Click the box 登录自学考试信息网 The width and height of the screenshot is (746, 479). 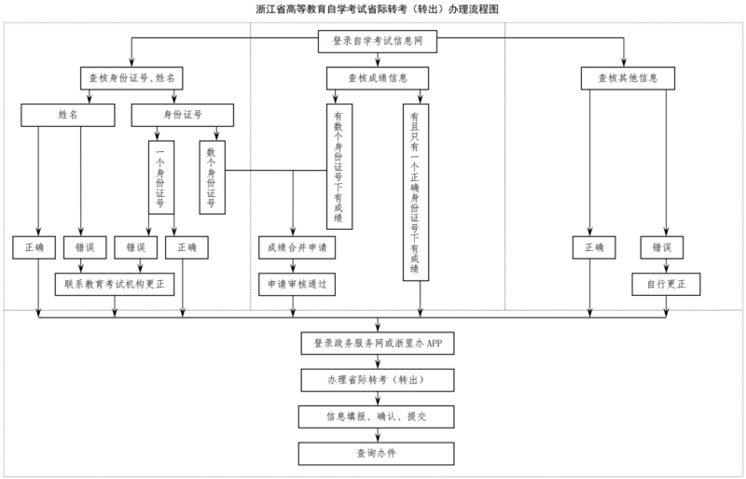377,41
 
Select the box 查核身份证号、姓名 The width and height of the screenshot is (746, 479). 131,78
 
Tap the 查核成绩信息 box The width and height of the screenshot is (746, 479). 377,78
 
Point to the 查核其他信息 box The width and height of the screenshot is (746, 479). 628,78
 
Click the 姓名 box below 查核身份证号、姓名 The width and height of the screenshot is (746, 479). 67,115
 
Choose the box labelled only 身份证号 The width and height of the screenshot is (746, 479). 182,115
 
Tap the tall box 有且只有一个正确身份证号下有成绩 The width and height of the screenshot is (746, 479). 414,191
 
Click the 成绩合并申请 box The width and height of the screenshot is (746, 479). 296,247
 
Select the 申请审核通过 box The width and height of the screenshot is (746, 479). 296,284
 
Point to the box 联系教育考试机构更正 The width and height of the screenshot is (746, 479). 115,284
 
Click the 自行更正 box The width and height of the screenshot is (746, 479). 665,284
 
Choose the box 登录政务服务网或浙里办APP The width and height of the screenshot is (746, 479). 377,344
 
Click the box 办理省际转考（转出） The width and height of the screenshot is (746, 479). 377,380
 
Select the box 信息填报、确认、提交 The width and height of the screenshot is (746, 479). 377,416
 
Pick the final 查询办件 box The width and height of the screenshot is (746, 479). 377,453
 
